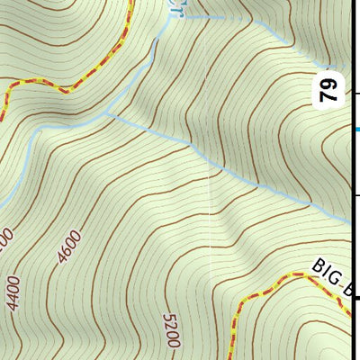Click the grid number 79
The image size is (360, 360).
329,90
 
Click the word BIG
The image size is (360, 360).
326,274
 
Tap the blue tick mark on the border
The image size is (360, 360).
356,130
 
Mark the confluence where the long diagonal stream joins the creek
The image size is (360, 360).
109,114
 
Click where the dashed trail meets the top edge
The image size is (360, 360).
132,2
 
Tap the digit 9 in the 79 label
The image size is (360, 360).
329,84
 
